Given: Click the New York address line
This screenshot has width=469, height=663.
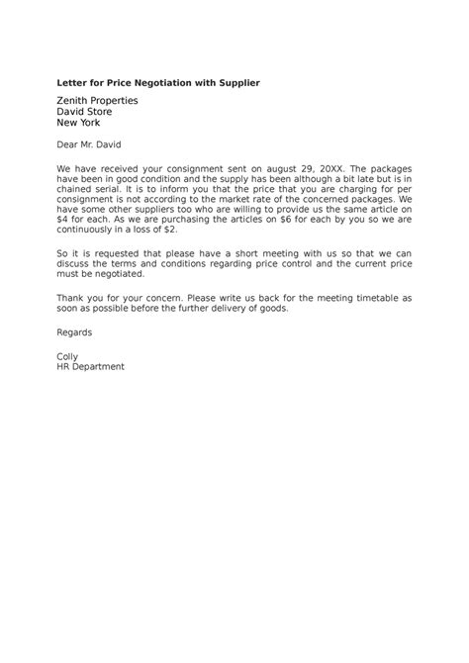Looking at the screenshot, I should click(80, 125).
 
